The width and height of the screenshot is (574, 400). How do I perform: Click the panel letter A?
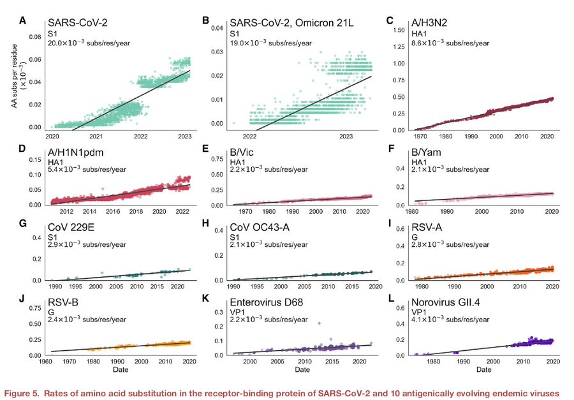pos(23,20)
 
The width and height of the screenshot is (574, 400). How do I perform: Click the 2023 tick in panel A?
pos(186,137)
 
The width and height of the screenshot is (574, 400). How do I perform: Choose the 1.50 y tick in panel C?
pos(401,30)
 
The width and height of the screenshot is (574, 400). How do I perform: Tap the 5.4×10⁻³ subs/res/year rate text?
pos(87,172)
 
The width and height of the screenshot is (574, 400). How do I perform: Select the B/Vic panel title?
pos(246,153)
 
